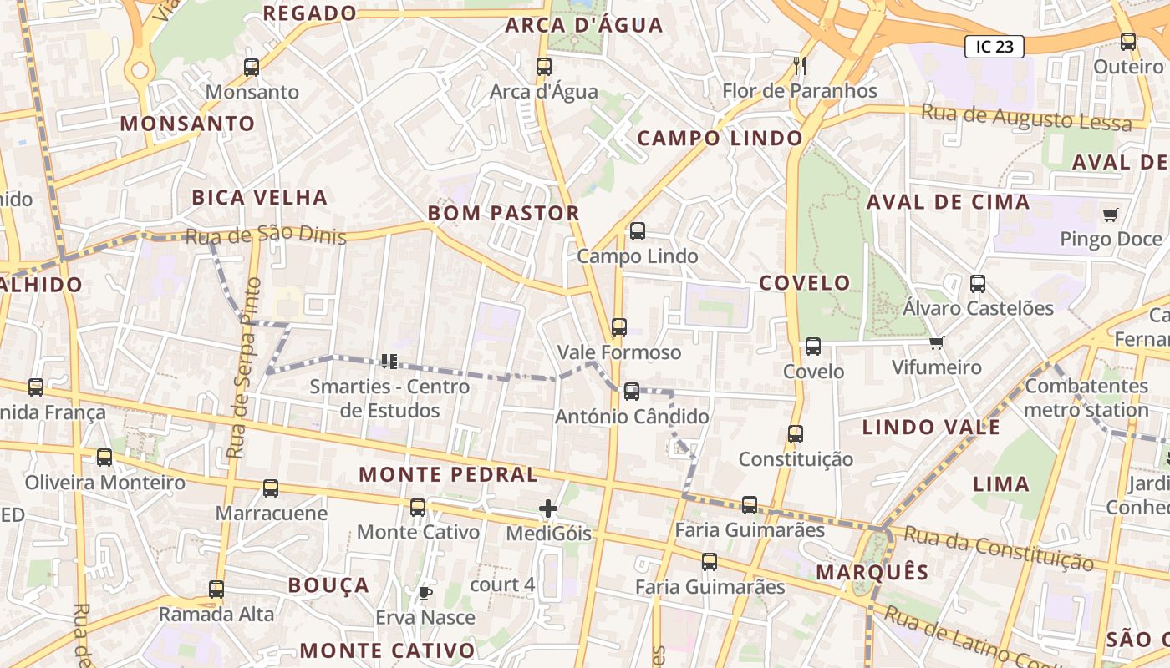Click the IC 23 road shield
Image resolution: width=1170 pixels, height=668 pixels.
994,47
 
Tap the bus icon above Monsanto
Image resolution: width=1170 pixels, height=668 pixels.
252,68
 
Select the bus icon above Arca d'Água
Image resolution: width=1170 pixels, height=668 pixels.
544,67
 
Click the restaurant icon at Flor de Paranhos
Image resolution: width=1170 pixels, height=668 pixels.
800,65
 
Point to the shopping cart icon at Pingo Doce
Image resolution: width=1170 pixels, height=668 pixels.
1110,215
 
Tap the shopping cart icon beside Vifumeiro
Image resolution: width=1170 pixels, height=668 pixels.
936,343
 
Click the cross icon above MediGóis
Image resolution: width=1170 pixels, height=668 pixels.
548,508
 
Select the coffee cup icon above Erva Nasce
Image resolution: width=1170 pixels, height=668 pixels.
425,593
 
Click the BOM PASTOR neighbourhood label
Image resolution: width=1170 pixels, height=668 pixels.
504,213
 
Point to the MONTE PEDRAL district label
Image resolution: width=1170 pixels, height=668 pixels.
449,474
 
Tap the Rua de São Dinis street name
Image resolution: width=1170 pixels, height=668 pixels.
266,235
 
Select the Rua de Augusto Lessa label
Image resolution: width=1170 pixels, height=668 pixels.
1026,117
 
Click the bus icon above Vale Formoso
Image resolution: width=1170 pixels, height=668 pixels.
618,327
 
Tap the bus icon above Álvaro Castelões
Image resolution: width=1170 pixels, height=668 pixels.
978,284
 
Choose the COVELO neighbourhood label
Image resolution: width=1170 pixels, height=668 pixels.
805,282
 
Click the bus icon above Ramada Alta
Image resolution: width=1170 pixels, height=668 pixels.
216,590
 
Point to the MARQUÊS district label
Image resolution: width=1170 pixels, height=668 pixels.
872,572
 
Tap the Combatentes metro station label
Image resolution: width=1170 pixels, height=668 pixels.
1086,397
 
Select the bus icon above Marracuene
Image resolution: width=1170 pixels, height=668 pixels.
271,488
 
